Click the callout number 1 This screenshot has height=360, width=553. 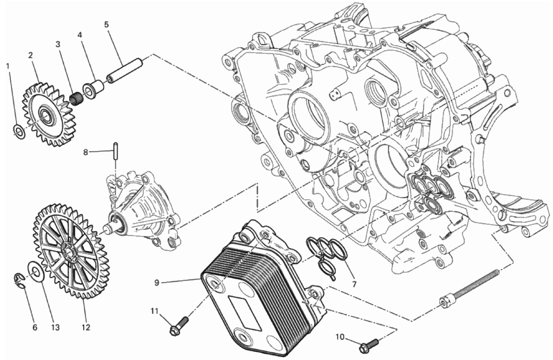coord(8,66)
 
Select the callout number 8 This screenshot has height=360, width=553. coord(85,152)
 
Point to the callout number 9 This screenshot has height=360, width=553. coord(157,282)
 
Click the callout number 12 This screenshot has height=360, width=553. coord(86,327)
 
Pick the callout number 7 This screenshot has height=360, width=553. coord(354,285)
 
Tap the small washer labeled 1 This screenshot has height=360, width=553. coord(19,132)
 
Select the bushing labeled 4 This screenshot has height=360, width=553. coord(94,88)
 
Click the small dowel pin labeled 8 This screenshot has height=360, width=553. coord(115,151)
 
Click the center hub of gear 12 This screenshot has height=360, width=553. coord(68,253)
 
